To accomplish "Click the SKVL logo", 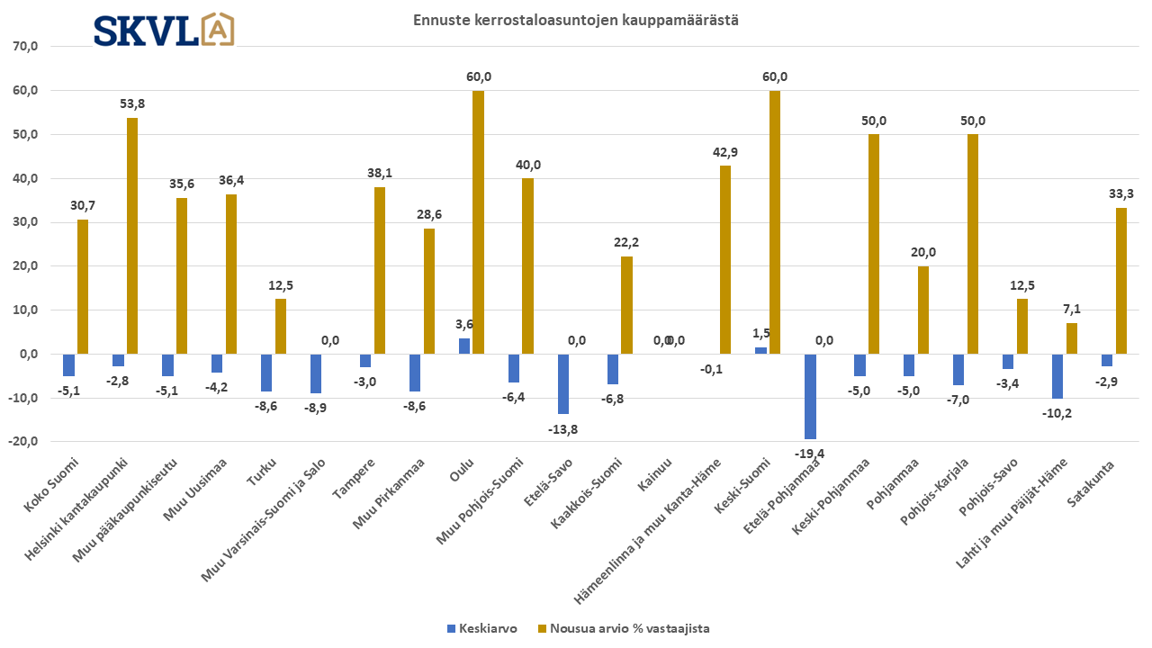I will (164, 29).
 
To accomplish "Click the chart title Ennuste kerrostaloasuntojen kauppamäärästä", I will (576, 20).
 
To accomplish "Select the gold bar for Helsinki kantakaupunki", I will (132, 236).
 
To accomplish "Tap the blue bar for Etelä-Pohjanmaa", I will (810, 396).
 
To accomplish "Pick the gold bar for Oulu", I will (478, 222).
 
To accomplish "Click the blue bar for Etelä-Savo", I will (563, 383).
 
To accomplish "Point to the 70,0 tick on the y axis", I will (24, 47).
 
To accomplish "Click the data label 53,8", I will (132, 103).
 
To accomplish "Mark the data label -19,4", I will (810, 453).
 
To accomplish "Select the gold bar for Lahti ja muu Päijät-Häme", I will (1072, 338).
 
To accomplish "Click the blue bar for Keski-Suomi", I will (760, 350).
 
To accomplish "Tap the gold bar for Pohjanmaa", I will (923, 310).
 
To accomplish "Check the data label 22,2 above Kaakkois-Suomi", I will (626, 243).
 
